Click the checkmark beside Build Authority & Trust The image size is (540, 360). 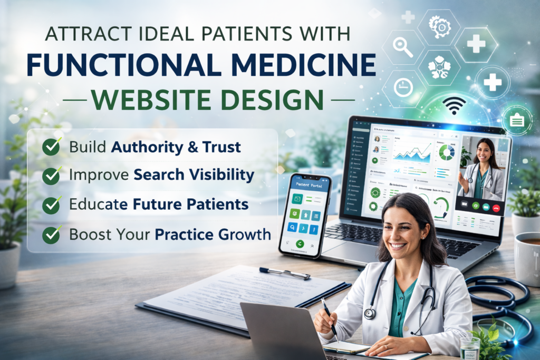tap(51, 147)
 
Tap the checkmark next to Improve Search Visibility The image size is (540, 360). tap(51, 176)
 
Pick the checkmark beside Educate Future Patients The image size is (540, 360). tap(51, 205)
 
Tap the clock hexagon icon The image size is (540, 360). tap(403, 87)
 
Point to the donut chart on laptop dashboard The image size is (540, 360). tap(447, 152)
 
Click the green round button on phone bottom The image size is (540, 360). tap(301, 244)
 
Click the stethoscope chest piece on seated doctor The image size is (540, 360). tap(370, 313)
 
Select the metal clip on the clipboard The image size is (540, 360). tap(284, 273)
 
